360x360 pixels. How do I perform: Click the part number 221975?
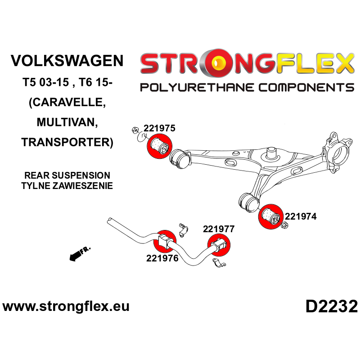point(159,128)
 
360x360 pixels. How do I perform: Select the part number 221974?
point(300,216)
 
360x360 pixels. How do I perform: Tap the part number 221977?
point(219,229)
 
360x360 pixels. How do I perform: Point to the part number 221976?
point(162,258)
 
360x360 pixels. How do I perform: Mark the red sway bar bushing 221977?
point(218,245)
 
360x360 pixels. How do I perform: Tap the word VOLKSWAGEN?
point(66,61)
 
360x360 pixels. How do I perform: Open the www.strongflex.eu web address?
point(66,307)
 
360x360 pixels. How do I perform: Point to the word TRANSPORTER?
point(67,142)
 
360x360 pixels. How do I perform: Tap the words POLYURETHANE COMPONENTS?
point(247,87)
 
